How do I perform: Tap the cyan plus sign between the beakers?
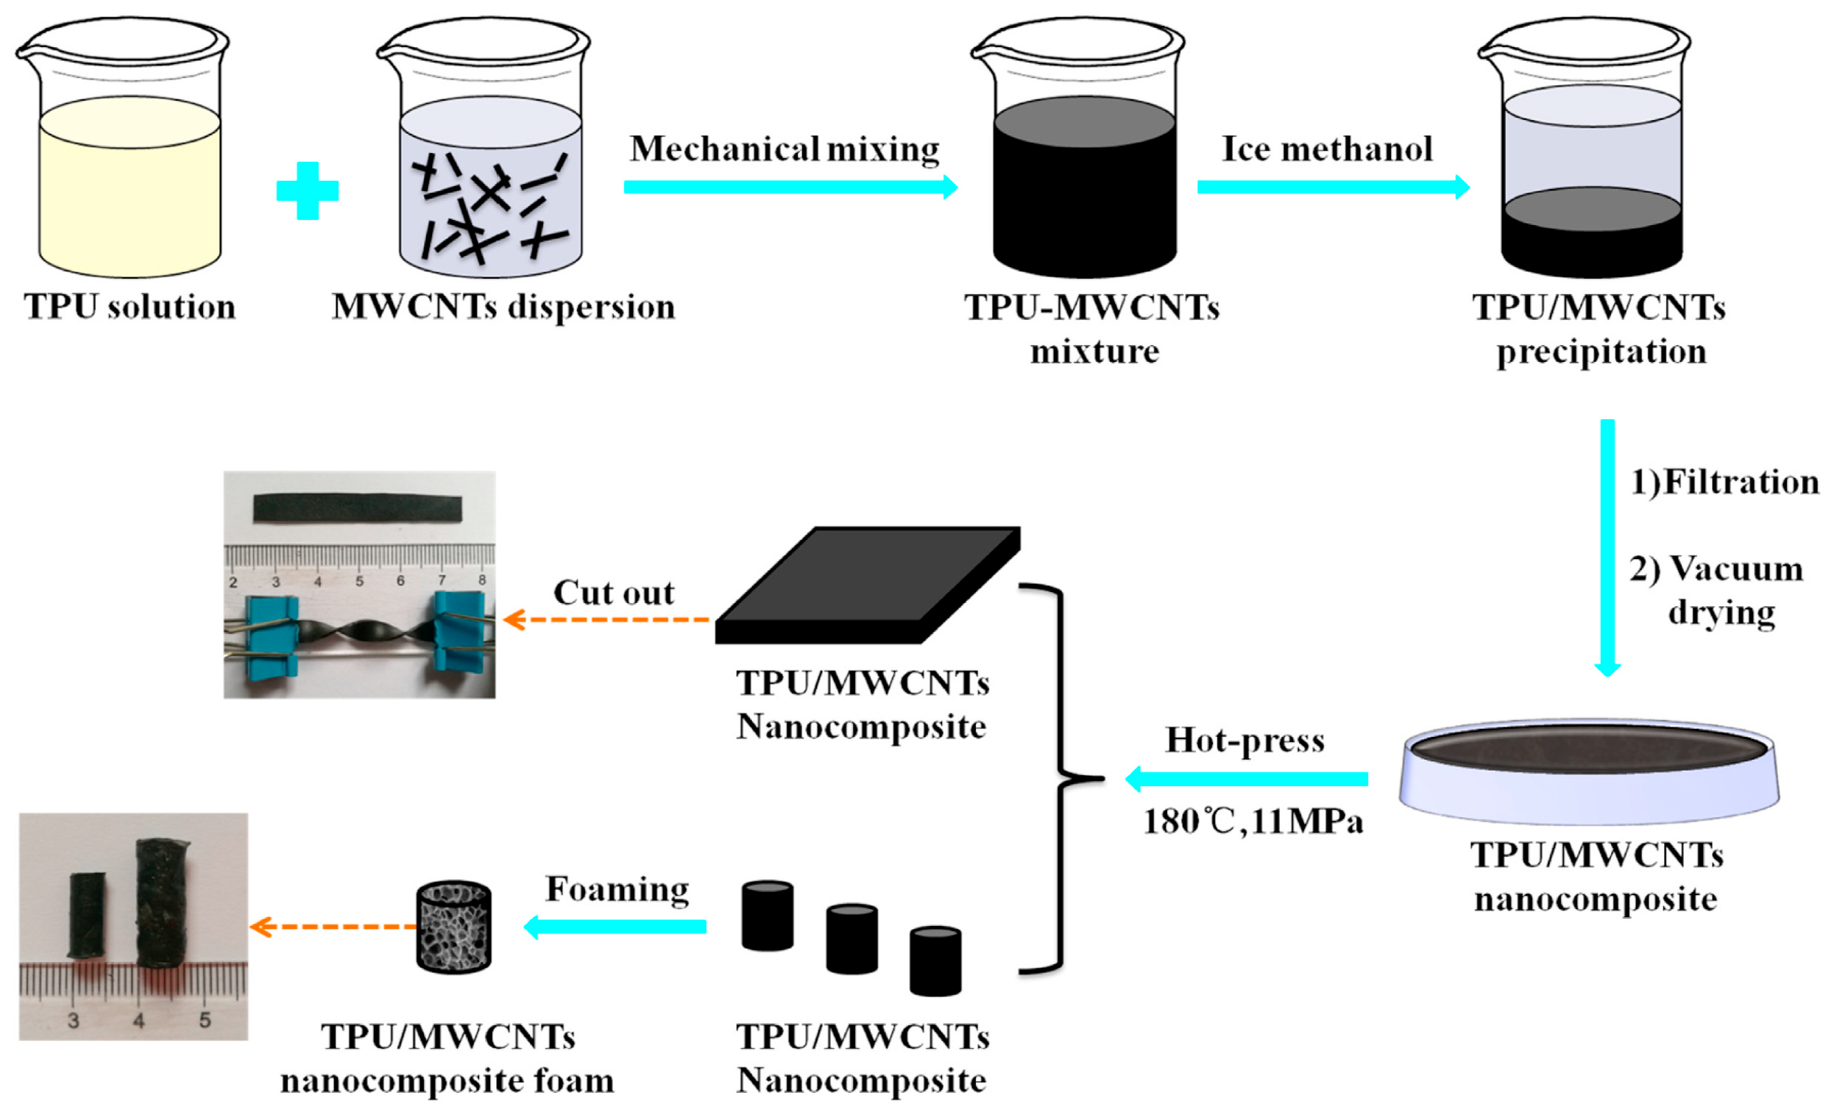click(x=308, y=191)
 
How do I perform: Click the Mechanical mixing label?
click(x=785, y=149)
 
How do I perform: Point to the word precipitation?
click(x=1601, y=352)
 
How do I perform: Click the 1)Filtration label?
click(x=1725, y=482)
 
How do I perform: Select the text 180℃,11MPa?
click(x=1253, y=822)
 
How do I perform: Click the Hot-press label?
click(x=1244, y=740)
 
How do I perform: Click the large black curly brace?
click(x=1059, y=778)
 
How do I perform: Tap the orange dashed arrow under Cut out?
click(x=606, y=619)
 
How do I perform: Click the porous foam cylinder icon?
click(x=453, y=926)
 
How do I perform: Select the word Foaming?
click(x=617, y=889)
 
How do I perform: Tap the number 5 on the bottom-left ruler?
click(x=205, y=1020)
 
